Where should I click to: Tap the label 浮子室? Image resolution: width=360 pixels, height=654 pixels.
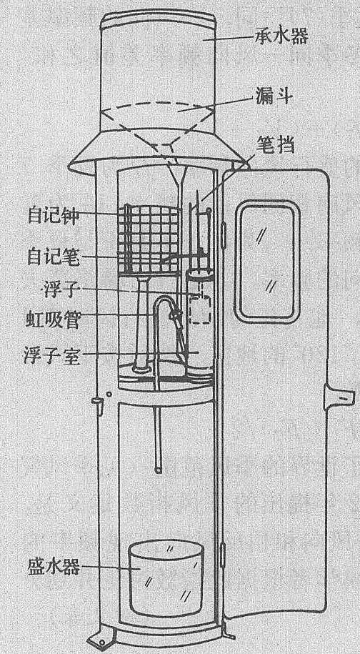coord(52,357)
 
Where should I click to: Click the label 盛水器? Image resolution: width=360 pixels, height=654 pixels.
coord(54,568)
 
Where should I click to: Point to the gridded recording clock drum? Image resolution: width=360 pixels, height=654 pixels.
coord(149,238)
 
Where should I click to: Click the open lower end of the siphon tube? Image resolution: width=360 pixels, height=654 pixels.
coord(158,470)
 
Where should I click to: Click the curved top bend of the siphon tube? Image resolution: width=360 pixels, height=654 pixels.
coord(164,299)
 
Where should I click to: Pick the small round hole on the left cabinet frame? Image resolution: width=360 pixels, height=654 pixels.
coord(109,393)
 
